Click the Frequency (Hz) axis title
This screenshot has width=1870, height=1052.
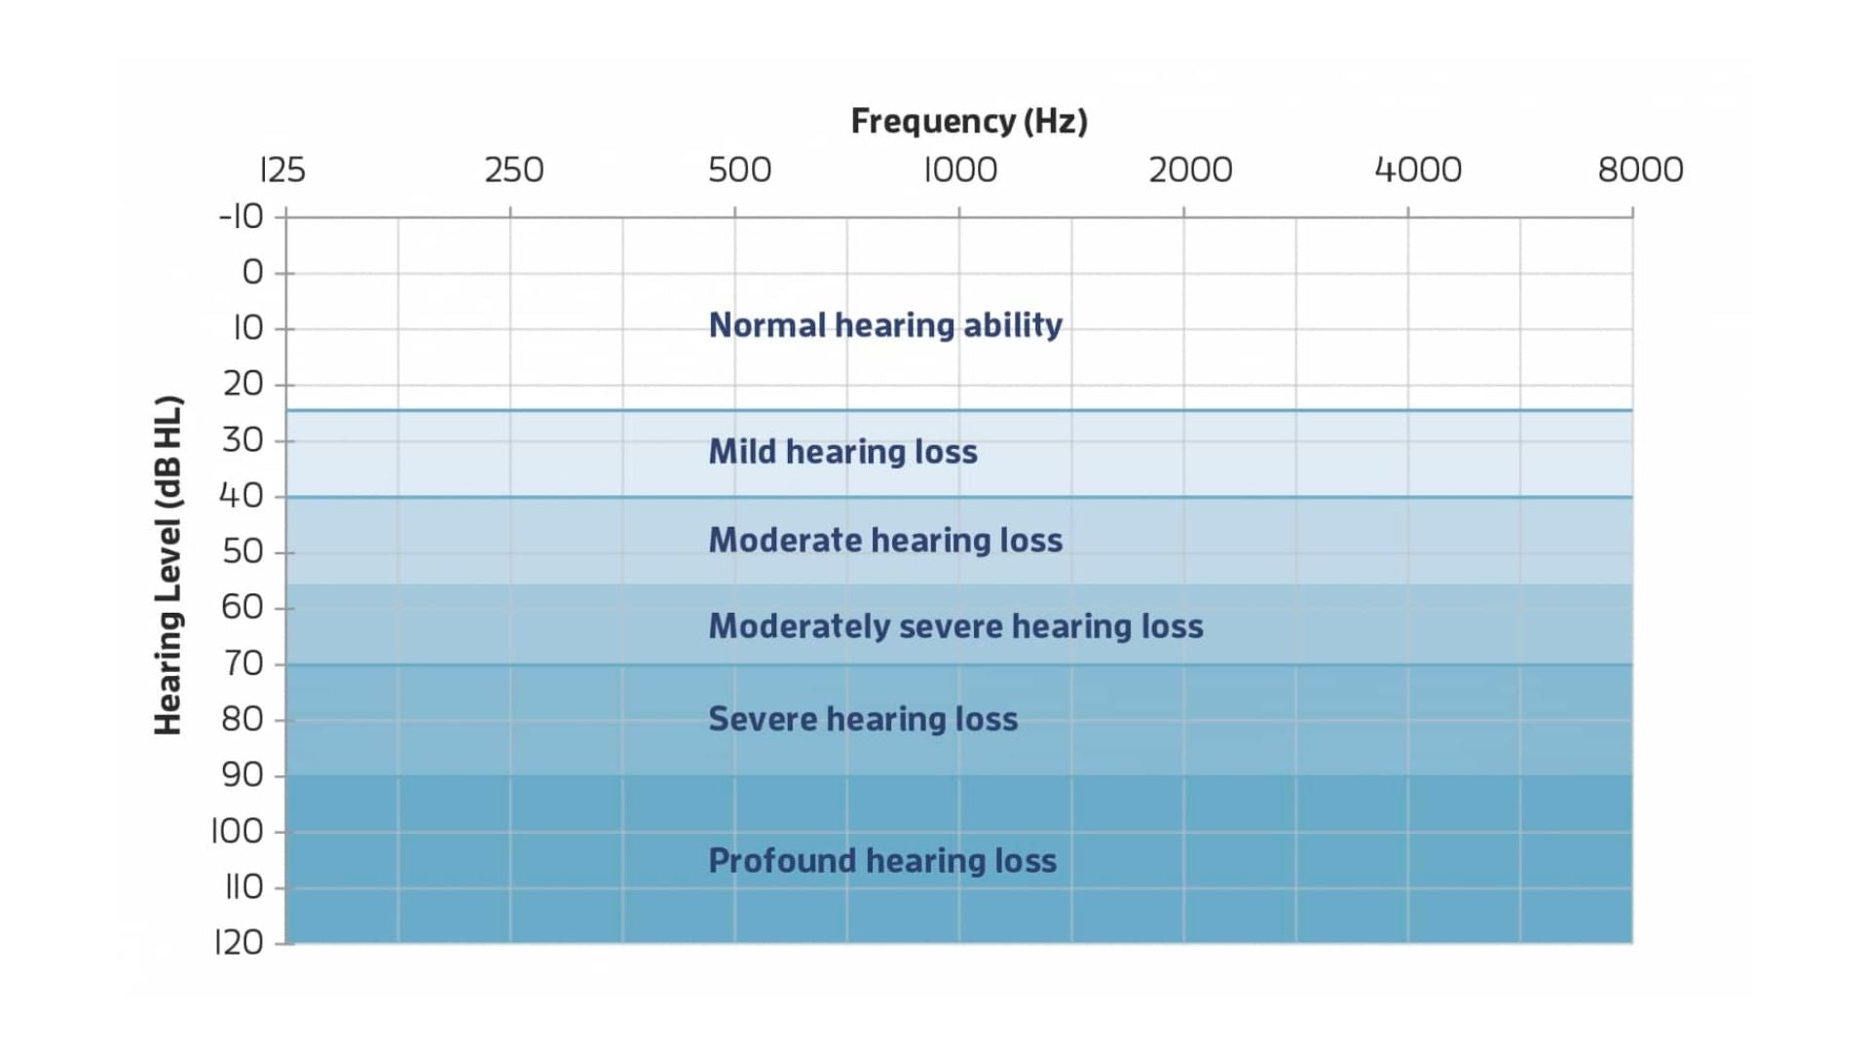pos(969,121)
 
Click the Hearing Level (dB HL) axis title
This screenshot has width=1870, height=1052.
pos(168,565)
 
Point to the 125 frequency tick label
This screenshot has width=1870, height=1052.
pos(282,170)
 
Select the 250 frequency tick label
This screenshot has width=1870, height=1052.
pos(513,170)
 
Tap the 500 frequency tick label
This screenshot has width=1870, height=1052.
pos(739,170)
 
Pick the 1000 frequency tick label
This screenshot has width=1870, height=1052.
pos(960,170)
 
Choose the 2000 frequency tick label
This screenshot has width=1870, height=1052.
pos(1190,170)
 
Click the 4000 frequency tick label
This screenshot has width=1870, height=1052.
pos(1417,170)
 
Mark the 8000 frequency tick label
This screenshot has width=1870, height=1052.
pos(1640,170)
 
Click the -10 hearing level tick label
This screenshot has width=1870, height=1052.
pos(241,216)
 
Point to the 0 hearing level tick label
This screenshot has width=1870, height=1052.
pos(252,273)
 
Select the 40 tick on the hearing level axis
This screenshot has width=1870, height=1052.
pos(242,496)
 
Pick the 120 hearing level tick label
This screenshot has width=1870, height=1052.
pos(239,943)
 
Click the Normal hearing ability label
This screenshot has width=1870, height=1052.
pos(885,325)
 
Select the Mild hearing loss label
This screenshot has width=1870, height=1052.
pos(842,452)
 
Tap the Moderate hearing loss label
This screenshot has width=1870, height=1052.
pos(885,541)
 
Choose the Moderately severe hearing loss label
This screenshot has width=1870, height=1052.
pos(955,626)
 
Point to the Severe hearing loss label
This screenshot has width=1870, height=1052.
pos(863,720)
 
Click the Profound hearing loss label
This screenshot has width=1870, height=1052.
pos(882,861)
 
